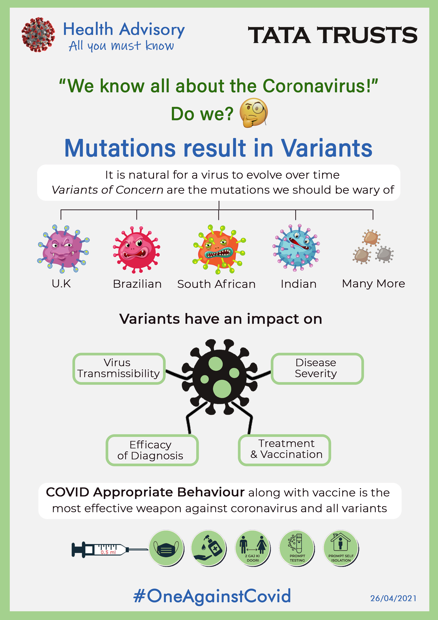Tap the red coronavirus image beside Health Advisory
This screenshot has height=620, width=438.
tap(38, 35)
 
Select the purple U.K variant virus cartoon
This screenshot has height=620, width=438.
tap(63, 248)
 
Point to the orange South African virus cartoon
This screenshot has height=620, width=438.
tap(219, 249)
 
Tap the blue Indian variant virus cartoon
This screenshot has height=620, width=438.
tap(296, 247)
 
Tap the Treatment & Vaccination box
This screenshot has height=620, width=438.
tap(285, 450)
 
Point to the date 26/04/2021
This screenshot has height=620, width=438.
tap(393, 598)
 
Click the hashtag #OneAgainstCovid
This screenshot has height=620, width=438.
tap(212, 596)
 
